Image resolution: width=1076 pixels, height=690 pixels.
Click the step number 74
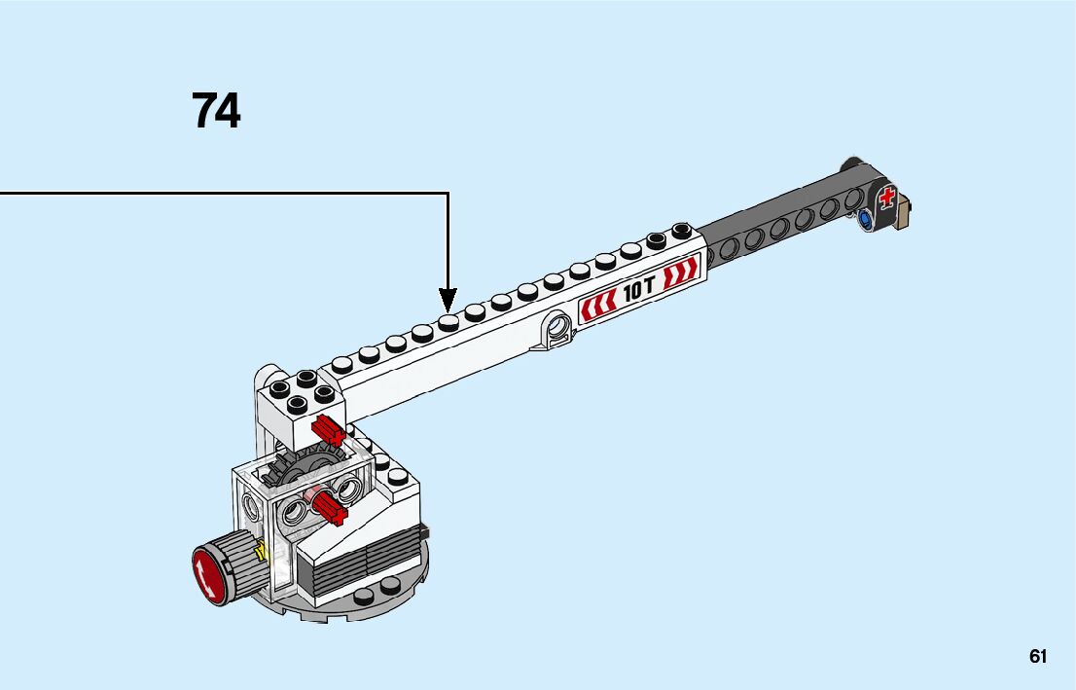pos(216,111)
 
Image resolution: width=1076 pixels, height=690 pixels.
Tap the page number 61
pos(1037,656)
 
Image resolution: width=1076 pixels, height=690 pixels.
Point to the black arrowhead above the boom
pos(448,301)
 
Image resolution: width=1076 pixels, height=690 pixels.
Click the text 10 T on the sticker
pos(639,289)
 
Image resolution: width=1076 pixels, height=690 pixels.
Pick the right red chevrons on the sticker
pos(680,272)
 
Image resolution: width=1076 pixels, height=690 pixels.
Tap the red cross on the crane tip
pos(886,197)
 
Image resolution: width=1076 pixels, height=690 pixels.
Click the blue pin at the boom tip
pos(865,220)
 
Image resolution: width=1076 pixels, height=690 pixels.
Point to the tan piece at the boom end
pos(905,211)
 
